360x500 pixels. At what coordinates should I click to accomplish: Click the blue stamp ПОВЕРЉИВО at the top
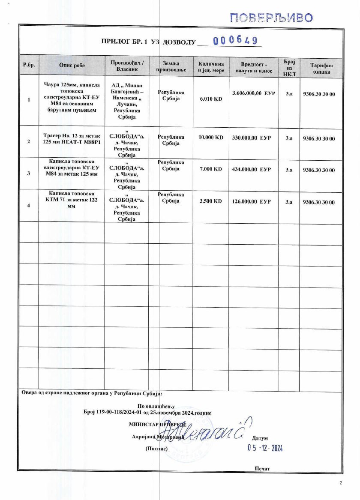tap(272, 18)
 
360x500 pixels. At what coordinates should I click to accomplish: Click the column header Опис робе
tap(72, 65)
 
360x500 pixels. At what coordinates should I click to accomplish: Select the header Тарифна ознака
tap(321, 69)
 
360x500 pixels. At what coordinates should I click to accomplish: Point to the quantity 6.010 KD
tap(211, 99)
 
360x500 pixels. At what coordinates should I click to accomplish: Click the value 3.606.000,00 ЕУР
tap(253, 93)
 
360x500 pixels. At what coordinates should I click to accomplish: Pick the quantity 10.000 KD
tap(211, 138)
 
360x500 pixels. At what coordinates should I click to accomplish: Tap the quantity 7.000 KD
tap(211, 169)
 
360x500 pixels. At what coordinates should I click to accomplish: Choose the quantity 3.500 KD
tap(211, 201)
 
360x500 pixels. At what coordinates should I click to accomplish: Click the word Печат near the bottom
tap(262, 468)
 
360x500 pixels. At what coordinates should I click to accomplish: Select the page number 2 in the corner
tap(341, 483)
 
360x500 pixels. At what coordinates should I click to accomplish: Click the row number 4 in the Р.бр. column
tap(29, 206)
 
